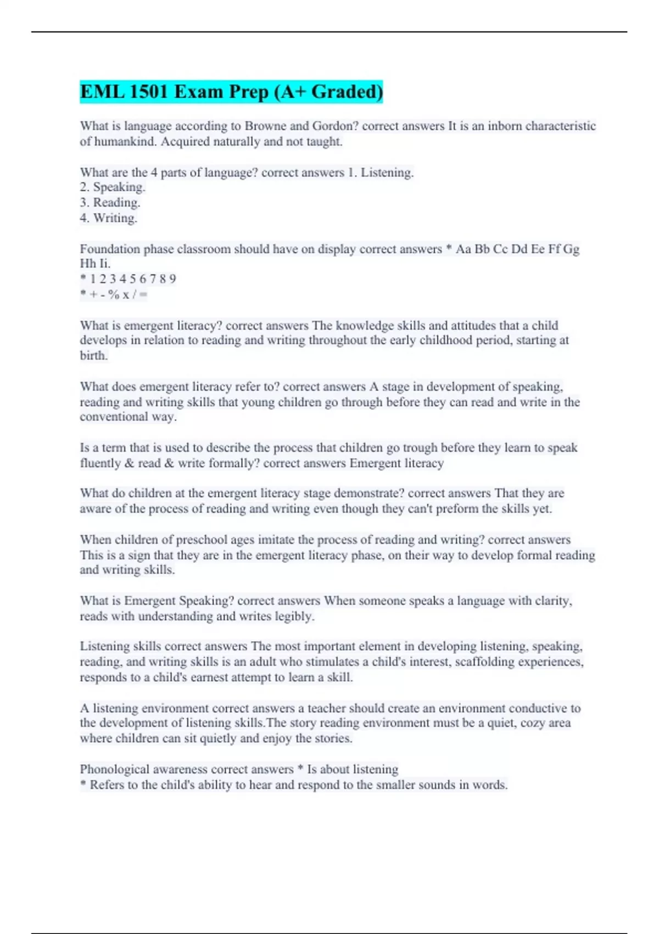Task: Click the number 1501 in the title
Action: [147, 92]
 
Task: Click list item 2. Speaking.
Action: [113, 187]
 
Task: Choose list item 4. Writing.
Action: [109, 218]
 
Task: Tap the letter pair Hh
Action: [87, 264]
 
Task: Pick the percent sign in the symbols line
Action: [114, 294]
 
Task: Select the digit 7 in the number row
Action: [153, 279]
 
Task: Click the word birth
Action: [93, 355]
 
